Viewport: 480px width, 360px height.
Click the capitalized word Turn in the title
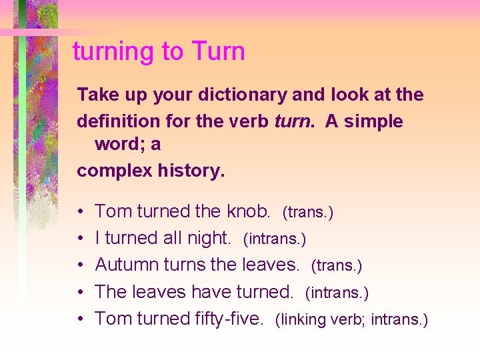pyautogui.click(x=217, y=51)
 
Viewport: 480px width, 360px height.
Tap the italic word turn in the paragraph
pyautogui.click(x=291, y=122)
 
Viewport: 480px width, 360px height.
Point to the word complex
pyautogui.click(x=114, y=171)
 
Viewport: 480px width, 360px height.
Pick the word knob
pyautogui.click(x=248, y=211)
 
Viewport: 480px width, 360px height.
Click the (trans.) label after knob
pyautogui.click(x=308, y=213)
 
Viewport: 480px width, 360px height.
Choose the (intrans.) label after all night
pyautogui.click(x=274, y=239)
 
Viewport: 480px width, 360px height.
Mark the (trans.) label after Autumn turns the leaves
pyautogui.click(x=337, y=266)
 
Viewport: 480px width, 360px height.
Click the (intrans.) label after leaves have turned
pyautogui.click(x=337, y=293)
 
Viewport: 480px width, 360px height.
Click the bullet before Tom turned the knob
pyautogui.click(x=80, y=212)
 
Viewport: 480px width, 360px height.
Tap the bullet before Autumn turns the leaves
pyautogui.click(x=80, y=265)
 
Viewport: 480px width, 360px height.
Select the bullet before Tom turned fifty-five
pyautogui.click(x=80, y=319)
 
